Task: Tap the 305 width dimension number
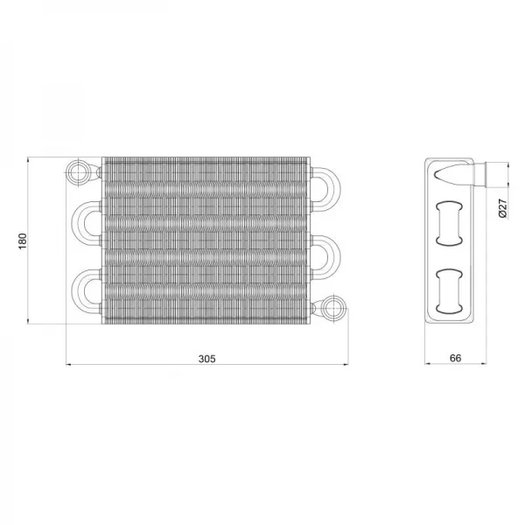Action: pyautogui.click(x=207, y=358)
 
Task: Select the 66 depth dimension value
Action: pyautogui.click(x=454, y=358)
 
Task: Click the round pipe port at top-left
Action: pyautogui.click(x=80, y=169)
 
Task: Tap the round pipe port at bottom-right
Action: pyautogui.click(x=332, y=309)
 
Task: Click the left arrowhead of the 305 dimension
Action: pyautogui.click(x=71, y=365)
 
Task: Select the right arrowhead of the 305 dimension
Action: pyautogui.click(x=345, y=365)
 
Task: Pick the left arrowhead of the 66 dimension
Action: pyautogui.click(x=428, y=365)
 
